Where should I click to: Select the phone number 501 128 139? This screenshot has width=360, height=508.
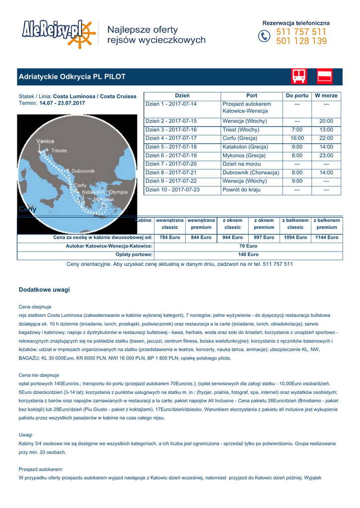pos(301,42)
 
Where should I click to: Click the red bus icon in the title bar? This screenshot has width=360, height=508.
pos(299,76)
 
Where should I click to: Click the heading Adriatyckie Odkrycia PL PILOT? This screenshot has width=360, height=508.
pos(72,77)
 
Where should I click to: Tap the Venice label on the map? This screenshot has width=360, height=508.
pos(45,141)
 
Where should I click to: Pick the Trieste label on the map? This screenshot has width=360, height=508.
pos(59,150)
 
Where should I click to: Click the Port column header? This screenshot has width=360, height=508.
pos(252,95)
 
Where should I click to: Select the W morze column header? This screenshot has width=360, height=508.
pos(326,95)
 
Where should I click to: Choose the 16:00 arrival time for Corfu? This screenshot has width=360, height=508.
pos(297,138)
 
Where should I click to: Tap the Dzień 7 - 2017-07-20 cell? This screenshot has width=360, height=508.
pos(171,164)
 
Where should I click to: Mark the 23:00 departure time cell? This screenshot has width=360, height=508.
pos(326,155)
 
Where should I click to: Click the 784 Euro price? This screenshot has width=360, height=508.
pos(170,238)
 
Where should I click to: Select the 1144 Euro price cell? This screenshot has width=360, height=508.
pos(327,238)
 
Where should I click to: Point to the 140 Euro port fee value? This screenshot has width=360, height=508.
pos(248,254)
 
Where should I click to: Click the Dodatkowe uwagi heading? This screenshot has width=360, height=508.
pos(44,289)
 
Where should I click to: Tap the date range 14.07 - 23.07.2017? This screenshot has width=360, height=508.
pos(62,103)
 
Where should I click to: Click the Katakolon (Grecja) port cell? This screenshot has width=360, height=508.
pos(245,147)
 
